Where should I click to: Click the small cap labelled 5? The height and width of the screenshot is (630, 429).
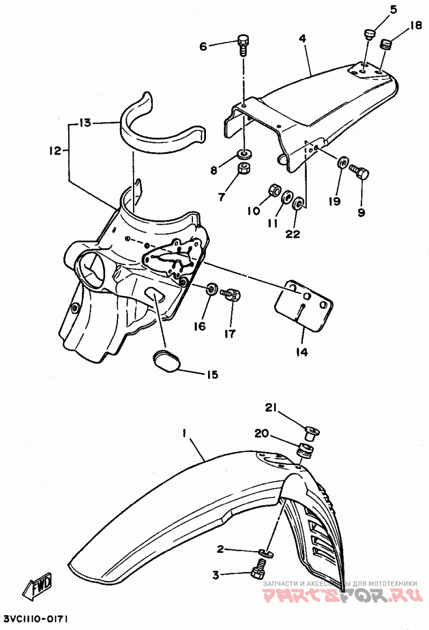coord(368,35)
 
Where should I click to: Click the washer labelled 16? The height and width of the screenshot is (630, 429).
coord(212,290)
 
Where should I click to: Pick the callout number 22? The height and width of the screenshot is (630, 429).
coord(293,234)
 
